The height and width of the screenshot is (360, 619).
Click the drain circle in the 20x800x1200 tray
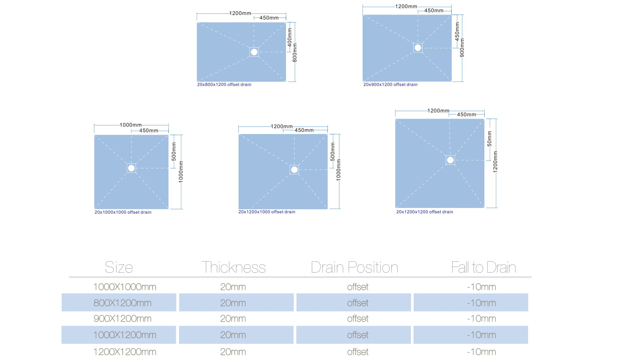click(x=254, y=52)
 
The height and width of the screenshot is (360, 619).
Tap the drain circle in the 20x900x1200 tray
click(x=418, y=48)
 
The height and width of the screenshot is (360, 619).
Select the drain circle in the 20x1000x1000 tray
click(x=131, y=168)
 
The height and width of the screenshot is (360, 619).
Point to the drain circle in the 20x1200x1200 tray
click(x=450, y=160)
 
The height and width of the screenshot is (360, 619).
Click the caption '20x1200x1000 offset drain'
click(x=267, y=212)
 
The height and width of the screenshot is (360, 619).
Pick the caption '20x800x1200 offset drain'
click(x=224, y=85)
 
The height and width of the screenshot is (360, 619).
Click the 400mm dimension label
click(x=290, y=37)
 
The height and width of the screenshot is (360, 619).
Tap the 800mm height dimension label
click(x=295, y=53)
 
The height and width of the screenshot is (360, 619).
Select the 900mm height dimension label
click(x=462, y=48)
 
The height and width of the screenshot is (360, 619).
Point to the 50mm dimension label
click(x=490, y=138)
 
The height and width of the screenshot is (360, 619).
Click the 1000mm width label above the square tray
click(x=131, y=125)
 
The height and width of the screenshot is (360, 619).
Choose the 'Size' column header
click(x=119, y=268)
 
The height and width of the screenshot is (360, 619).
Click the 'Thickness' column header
click(x=234, y=268)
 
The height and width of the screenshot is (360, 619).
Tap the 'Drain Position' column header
click(x=354, y=268)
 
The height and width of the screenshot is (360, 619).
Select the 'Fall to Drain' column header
click(x=484, y=268)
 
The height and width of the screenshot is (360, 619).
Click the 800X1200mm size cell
click(x=122, y=303)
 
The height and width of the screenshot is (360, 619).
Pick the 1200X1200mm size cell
click(x=125, y=352)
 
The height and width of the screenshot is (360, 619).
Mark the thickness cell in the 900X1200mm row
click(x=233, y=319)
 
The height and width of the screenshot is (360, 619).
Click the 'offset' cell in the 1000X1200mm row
click(x=358, y=335)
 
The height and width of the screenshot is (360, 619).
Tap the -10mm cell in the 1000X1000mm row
click(x=482, y=287)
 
